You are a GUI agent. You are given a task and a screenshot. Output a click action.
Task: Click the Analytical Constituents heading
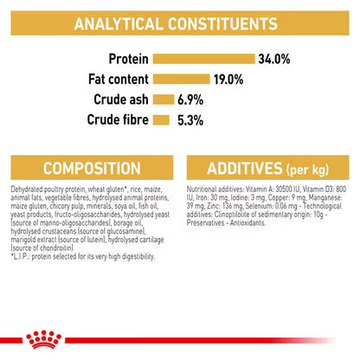179,22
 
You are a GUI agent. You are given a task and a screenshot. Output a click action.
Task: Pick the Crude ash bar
163,99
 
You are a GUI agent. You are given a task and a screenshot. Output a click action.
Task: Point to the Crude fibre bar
160,119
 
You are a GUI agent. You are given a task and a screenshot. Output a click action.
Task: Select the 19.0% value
227,79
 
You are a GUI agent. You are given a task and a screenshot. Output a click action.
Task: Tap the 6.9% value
192,99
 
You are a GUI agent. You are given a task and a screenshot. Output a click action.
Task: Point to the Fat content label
113,79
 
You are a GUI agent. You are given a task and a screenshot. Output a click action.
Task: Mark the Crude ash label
118,99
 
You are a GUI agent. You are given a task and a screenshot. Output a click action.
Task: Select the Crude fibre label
116,119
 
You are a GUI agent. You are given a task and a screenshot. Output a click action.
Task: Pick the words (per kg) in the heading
315,168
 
